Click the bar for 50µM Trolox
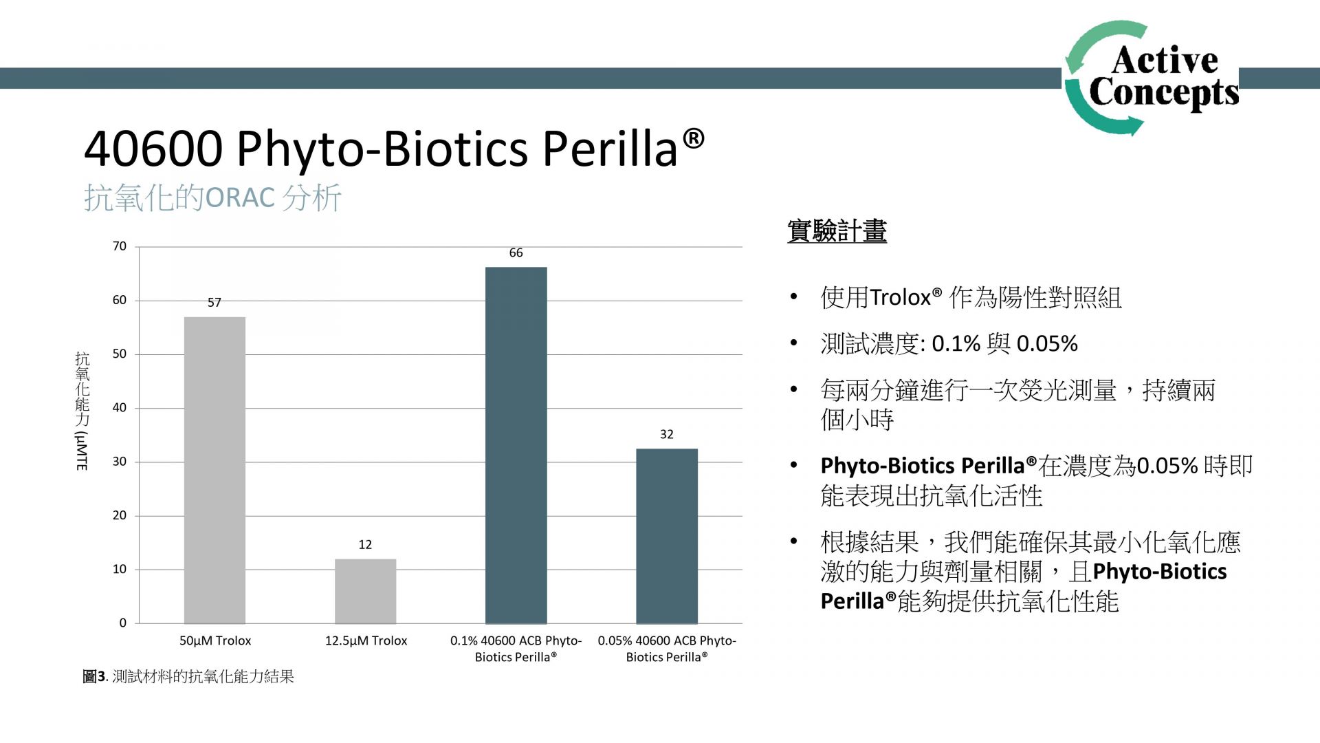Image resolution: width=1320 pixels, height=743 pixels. (x=214, y=470)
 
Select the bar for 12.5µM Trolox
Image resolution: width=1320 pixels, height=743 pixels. (x=365, y=591)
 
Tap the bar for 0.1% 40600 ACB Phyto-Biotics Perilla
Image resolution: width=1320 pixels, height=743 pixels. (x=516, y=445)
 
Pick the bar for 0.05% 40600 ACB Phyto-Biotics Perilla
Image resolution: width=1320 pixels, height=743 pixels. (x=666, y=536)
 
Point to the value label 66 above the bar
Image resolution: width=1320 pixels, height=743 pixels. (x=516, y=253)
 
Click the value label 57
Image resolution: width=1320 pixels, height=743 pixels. (x=214, y=303)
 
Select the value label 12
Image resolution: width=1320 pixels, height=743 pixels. (x=365, y=545)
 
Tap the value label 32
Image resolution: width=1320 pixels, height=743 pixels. (x=666, y=434)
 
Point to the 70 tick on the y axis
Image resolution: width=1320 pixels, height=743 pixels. (x=120, y=246)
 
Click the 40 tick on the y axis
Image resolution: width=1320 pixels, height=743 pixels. (x=120, y=408)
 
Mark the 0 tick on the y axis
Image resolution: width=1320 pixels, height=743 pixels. (x=123, y=623)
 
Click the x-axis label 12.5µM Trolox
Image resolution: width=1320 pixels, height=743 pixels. (x=366, y=640)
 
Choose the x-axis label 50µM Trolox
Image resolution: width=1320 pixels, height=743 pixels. (x=215, y=640)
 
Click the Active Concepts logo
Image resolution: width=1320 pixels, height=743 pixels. (x=1152, y=78)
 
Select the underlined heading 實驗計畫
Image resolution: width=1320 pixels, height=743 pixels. (x=837, y=231)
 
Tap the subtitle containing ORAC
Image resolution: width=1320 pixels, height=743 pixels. (x=212, y=198)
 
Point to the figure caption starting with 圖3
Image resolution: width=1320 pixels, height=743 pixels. (x=188, y=676)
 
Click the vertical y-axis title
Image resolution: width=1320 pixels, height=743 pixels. (x=82, y=411)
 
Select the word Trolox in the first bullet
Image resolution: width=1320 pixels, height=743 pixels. (x=900, y=298)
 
